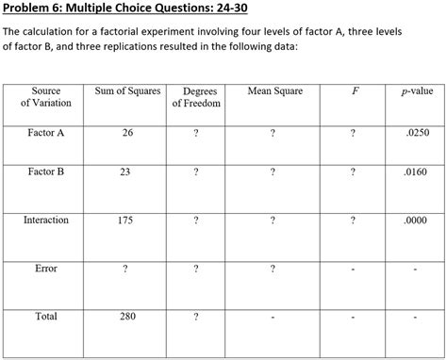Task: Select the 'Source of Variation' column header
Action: point(45,97)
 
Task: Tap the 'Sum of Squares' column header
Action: point(128,91)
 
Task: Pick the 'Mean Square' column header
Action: point(274,91)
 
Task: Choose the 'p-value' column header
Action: point(416,91)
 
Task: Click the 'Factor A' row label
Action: point(46,133)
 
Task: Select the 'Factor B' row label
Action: point(46,172)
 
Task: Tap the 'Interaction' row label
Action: point(46,220)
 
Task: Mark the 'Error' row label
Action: point(46,269)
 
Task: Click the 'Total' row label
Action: point(46,317)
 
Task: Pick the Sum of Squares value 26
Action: point(128,133)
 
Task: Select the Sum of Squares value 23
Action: point(128,172)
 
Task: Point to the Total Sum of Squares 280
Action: point(128,317)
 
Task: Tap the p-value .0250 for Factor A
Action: point(416,133)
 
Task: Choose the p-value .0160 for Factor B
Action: point(416,172)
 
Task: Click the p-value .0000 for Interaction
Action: point(416,220)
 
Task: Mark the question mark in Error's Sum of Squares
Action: point(126,269)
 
